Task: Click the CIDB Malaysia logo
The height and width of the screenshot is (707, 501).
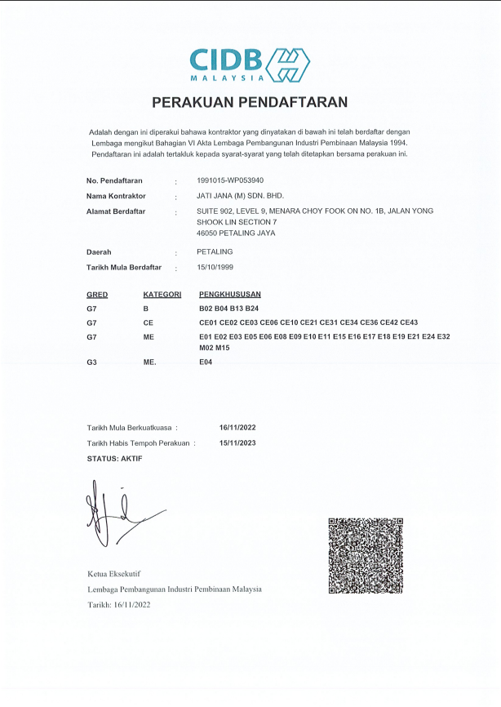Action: click(250, 64)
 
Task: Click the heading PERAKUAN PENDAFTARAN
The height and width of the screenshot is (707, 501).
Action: click(250, 102)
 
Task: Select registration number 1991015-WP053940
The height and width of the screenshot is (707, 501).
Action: click(230, 180)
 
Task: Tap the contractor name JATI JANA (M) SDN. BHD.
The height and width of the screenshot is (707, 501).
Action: click(240, 196)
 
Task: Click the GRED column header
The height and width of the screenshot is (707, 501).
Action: click(97, 294)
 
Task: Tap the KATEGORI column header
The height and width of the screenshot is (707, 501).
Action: click(162, 294)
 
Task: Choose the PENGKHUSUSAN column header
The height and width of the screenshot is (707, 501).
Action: click(230, 294)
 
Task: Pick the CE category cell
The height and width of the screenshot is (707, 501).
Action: click(149, 322)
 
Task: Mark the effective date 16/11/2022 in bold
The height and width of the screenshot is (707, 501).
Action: click(237, 428)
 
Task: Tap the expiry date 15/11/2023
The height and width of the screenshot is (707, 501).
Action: click(237, 443)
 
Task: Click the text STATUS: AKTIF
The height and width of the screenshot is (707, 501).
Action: click(114, 459)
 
